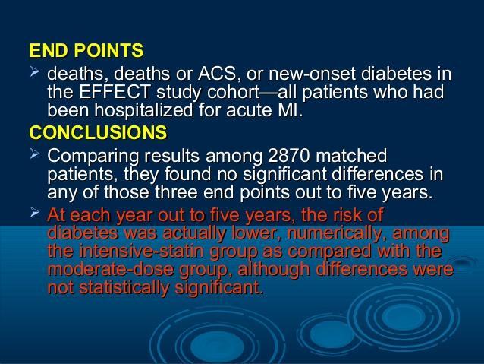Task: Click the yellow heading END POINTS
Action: [86, 50]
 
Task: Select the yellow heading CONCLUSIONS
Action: [98, 132]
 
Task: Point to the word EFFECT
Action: [115, 92]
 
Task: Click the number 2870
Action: [288, 156]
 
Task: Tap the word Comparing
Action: [93, 157]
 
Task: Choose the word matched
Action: [351, 156]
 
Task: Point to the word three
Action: [176, 192]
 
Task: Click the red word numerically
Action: [336, 234]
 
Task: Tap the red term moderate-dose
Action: [111, 269]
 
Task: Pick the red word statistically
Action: [124, 288]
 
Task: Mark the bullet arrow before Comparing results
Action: [35, 154]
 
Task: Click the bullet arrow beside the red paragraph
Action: [35, 213]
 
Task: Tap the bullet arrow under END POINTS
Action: [35, 72]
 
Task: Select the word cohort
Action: [233, 92]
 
